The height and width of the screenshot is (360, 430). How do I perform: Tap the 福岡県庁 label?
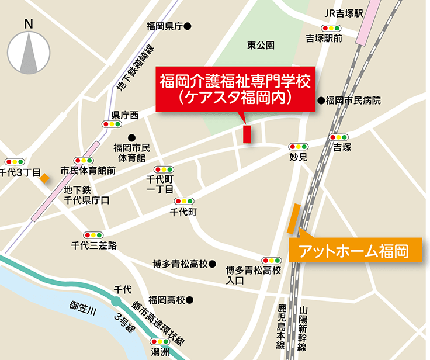tap(165, 26)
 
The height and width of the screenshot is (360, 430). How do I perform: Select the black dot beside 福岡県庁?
tap(188, 26)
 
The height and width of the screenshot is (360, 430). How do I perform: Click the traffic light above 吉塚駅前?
tap(331, 27)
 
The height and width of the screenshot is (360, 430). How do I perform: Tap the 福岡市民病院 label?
tap(353, 101)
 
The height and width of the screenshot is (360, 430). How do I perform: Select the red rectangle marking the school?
tap(247, 134)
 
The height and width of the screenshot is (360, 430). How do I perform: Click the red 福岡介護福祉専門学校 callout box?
tap(237, 87)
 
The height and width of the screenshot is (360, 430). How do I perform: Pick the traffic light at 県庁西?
tap(111, 124)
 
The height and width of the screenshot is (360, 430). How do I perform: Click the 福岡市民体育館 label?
tap(133, 153)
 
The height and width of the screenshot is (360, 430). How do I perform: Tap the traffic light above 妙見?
tap(298, 147)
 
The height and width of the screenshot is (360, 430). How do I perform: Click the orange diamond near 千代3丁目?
tap(44, 178)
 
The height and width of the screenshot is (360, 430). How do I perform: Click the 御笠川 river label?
tap(82, 307)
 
